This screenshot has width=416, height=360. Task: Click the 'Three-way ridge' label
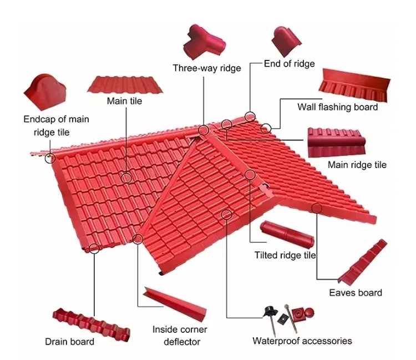[207, 68]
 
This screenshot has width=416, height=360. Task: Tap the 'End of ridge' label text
[289, 64]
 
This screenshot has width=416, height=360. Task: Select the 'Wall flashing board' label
[337, 107]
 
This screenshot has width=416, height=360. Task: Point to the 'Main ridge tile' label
[357, 165]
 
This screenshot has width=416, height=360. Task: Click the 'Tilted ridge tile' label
[285, 255]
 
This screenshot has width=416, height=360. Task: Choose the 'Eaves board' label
[356, 292]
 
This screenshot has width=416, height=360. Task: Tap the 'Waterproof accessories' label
[302, 341]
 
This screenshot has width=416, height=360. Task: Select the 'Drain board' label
[69, 341]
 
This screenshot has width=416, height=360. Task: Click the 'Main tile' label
[124, 101]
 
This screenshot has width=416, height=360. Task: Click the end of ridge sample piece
[287, 40]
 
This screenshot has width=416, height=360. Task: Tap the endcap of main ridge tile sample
[46, 92]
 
